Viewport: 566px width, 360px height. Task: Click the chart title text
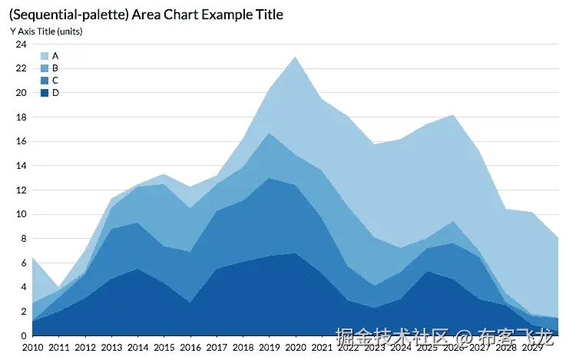(x=146, y=15)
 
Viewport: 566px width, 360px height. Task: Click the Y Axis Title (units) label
(x=45, y=31)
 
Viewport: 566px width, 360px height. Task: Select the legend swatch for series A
(x=45, y=56)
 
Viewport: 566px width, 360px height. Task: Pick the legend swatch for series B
(x=45, y=68)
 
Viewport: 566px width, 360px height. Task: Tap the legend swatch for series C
(x=45, y=81)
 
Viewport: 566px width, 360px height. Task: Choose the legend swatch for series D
(x=45, y=93)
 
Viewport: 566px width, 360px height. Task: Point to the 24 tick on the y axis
(x=22, y=45)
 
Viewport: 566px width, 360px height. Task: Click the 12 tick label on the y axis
(x=22, y=190)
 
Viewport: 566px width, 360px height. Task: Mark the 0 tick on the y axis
(x=24, y=335)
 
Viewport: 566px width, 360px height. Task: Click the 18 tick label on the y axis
(x=22, y=117)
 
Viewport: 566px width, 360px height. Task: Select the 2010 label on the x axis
(x=32, y=348)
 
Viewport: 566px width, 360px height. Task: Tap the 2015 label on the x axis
(x=164, y=348)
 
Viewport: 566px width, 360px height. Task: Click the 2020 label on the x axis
(x=296, y=348)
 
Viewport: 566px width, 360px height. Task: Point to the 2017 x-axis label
(x=217, y=348)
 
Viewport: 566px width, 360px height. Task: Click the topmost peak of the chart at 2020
(x=296, y=57)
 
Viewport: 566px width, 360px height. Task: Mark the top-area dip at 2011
(x=58, y=286)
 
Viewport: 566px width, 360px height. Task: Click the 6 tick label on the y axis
(x=24, y=263)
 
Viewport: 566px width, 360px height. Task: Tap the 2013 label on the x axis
(x=111, y=348)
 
